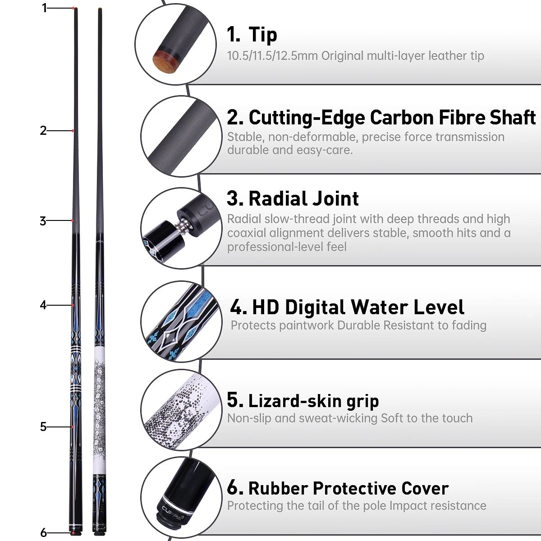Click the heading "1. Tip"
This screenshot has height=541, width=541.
[x=252, y=35]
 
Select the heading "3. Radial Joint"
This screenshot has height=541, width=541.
[x=293, y=198]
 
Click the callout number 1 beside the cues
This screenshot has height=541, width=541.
[x=44, y=8]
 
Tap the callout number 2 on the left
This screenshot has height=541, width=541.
[x=43, y=131]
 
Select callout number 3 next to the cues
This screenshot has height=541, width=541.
[x=43, y=221]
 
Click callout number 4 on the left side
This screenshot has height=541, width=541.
[x=43, y=305]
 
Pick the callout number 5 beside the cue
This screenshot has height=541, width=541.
[x=43, y=426]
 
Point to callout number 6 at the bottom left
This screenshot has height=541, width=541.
[x=43, y=532]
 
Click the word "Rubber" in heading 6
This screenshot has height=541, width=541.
[x=278, y=488]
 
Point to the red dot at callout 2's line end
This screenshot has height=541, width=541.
[x=73, y=131]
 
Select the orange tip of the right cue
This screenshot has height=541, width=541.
[x=100, y=9]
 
